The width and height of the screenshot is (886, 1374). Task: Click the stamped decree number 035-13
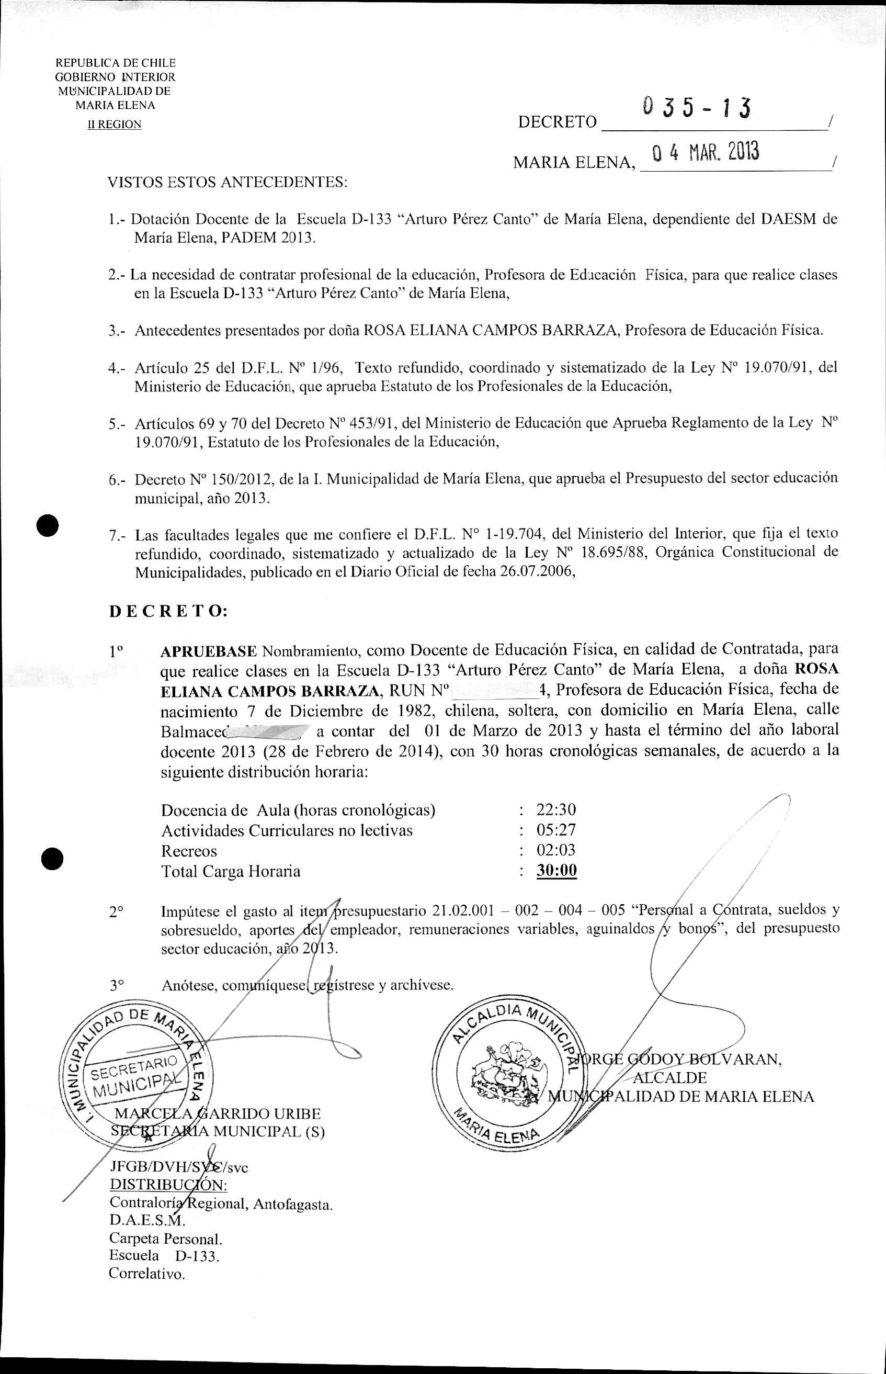pyautogui.click(x=696, y=108)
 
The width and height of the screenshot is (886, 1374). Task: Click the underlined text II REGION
pyautogui.click(x=115, y=125)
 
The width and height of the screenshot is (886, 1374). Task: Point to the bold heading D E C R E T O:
pyautogui.click(x=168, y=611)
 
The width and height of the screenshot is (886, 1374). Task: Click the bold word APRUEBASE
pyautogui.click(x=208, y=651)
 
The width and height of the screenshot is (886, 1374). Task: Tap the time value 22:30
pyautogui.click(x=556, y=809)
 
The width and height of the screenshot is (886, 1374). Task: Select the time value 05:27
pyautogui.click(x=556, y=830)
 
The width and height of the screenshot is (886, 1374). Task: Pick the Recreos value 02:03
pyautogui.click(x=556, y=850)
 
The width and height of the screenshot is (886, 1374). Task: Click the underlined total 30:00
pyautogui.click(x=556, y=871)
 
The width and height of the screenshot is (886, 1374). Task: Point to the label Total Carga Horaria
pyautogui.click(x=231, y=871)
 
